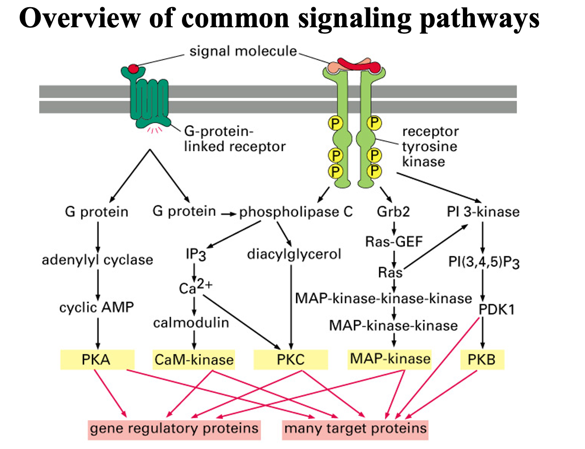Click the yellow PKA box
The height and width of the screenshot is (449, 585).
point(98,359)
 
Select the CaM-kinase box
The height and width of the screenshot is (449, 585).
point(194,359)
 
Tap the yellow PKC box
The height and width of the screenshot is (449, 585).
point(291,359)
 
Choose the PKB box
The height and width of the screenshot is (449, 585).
point(483,359)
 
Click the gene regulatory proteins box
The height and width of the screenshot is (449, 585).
point(174,427)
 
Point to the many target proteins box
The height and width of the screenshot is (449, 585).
point(355,427)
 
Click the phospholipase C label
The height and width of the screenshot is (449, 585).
point(296,211)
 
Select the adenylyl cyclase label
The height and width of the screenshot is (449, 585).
point(98,260)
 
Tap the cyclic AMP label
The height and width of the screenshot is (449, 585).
point(98,307)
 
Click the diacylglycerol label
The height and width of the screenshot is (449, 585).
point(294,254)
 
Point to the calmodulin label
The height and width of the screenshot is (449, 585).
point(191,323)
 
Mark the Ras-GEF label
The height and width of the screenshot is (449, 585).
point(394,242)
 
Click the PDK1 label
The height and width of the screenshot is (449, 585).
point(496,309)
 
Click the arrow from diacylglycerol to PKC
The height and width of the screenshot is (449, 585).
point(291,306)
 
